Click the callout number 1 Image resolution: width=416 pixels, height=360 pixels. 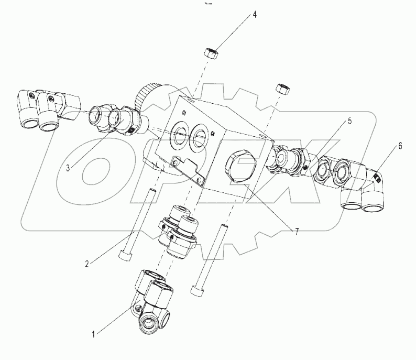(95, 332)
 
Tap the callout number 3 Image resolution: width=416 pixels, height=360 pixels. (68, 168)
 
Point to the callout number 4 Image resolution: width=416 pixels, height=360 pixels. (255, 16)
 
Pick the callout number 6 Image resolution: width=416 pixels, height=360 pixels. (400, 147)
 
